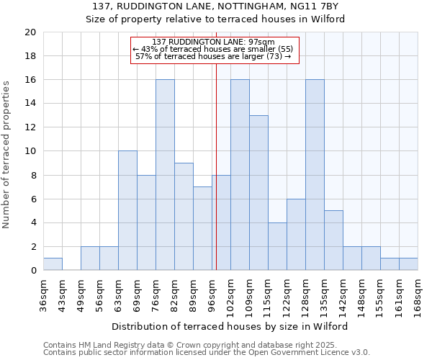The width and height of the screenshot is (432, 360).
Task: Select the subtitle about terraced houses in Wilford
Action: point(215,19)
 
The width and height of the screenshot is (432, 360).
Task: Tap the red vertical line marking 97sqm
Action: point(216,180)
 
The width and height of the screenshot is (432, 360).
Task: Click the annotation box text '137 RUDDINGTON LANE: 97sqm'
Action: point(214,42)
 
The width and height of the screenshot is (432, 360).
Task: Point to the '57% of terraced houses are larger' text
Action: point(214,56)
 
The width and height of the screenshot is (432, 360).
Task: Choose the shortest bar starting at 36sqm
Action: point(53,264)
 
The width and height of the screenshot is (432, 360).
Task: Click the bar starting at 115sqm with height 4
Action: point(277,246)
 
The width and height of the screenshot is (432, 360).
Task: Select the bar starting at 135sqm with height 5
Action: point(333,240)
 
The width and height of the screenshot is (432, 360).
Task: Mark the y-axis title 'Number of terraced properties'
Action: point(7,155)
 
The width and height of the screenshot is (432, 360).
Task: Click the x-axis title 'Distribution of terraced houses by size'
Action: point(230,326)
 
